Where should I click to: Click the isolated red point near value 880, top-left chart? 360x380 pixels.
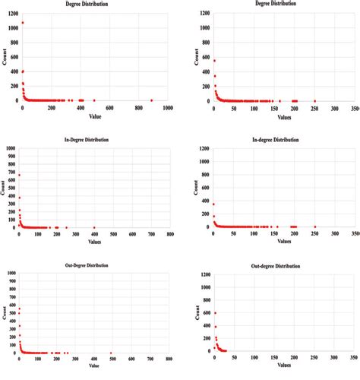pos(151,100)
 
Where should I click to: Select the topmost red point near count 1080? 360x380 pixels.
pos(23,23)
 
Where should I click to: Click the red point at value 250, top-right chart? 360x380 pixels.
pos(314,100)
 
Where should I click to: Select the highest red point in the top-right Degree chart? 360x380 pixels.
pos(214,61)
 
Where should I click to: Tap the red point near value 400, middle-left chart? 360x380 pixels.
pos(94,227)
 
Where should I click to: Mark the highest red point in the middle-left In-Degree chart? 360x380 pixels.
pos(19,176)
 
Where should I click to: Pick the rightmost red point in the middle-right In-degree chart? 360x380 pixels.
pos(314,226)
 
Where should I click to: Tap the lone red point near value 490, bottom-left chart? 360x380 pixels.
pos(111,353)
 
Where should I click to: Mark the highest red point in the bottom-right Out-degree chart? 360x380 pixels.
pos(215,313)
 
